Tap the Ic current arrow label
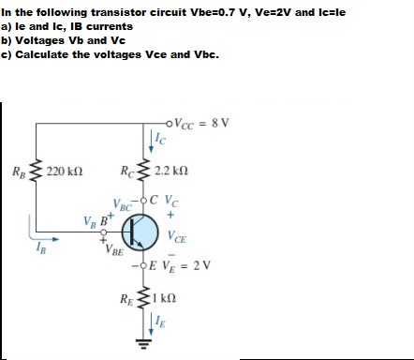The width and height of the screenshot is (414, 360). pyautogui.click(x=160, y=141)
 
